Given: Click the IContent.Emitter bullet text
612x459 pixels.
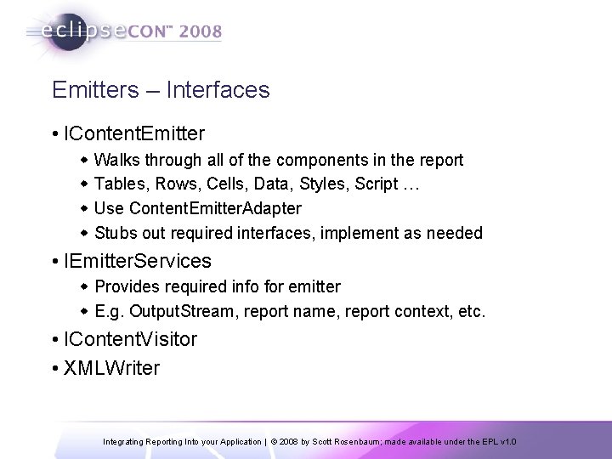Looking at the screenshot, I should tap(133, 133).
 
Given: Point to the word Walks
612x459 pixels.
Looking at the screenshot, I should tap(118, 159).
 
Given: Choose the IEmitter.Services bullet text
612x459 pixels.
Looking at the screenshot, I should tap(136, 261).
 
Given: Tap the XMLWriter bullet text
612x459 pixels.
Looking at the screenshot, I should tap(110, 367).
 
